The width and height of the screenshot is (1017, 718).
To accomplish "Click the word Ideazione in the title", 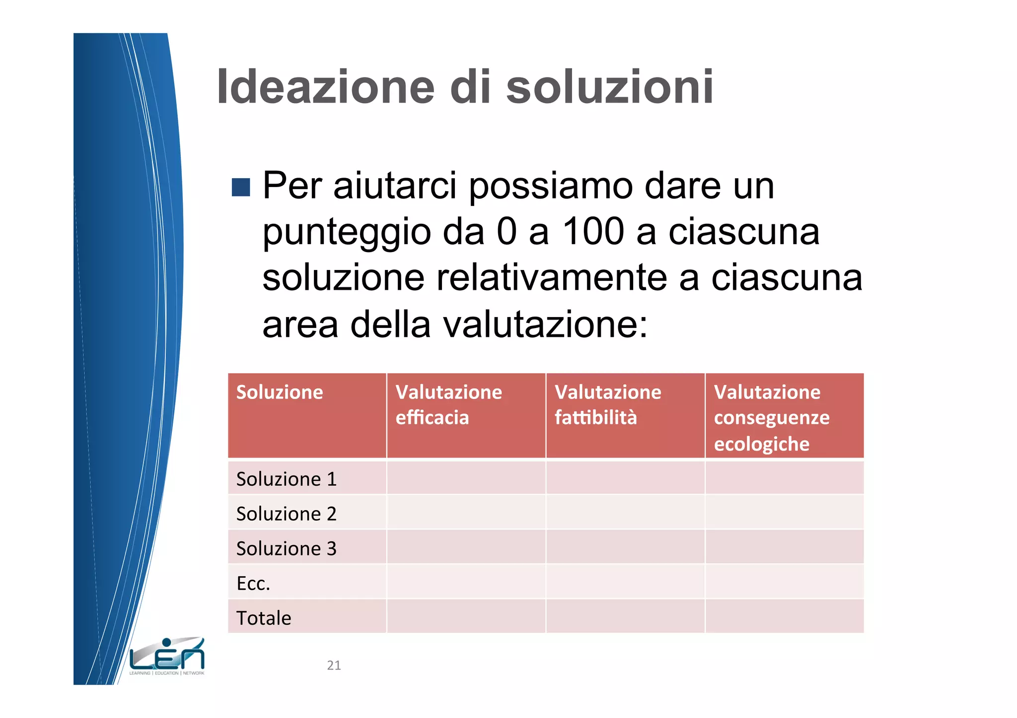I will click(x=325, y=87).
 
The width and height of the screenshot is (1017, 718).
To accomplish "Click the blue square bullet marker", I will click(x=241, y=187).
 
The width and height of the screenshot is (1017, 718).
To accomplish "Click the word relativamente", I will click(x=551, y=278).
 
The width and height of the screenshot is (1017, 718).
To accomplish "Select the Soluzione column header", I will click(x=280, y=392).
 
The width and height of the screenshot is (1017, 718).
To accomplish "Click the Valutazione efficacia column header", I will click(x=448, y=405).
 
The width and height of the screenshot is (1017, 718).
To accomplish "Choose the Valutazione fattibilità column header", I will click(x=608, y=405).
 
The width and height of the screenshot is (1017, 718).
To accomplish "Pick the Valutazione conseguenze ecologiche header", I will click(x=772, y=418).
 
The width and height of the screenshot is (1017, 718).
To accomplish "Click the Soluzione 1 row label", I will click(x=287, y=479).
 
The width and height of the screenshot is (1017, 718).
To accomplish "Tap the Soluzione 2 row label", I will click(x=287, y=514).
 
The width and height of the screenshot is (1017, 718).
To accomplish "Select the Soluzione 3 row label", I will click(x=287, y=548).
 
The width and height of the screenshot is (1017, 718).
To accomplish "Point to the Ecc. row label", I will click(x=253, y=584).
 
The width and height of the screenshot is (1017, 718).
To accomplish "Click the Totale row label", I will click(x=264, y=618).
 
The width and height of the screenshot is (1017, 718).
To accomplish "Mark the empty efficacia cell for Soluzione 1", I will click(x=466, y=478).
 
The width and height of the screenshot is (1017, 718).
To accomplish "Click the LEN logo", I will click(x=167, y=656).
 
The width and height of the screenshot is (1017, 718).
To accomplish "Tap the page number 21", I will click(x=334, y=665).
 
